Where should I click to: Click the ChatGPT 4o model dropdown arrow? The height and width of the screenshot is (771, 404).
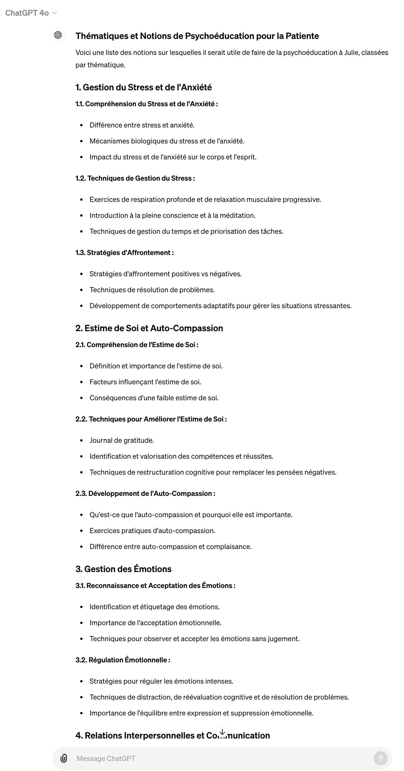55,13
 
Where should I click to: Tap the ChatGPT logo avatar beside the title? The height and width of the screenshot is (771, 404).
58,35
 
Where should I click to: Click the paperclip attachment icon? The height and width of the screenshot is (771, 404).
64,758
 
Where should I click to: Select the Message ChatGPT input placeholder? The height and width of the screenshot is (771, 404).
106,758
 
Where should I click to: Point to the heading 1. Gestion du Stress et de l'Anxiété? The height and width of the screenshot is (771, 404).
144,87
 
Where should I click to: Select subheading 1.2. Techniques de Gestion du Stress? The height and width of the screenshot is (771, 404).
135,178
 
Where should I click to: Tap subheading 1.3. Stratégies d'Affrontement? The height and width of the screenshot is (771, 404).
124,253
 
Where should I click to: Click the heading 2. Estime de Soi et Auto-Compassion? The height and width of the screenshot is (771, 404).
149,328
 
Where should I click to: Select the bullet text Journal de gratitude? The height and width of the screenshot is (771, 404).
122,440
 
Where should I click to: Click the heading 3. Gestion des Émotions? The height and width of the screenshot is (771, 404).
123,569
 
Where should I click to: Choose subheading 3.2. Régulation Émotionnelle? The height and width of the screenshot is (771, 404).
123,660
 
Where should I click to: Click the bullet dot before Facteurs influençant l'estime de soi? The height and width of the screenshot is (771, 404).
81,382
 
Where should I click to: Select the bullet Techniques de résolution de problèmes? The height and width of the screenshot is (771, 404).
152,290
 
